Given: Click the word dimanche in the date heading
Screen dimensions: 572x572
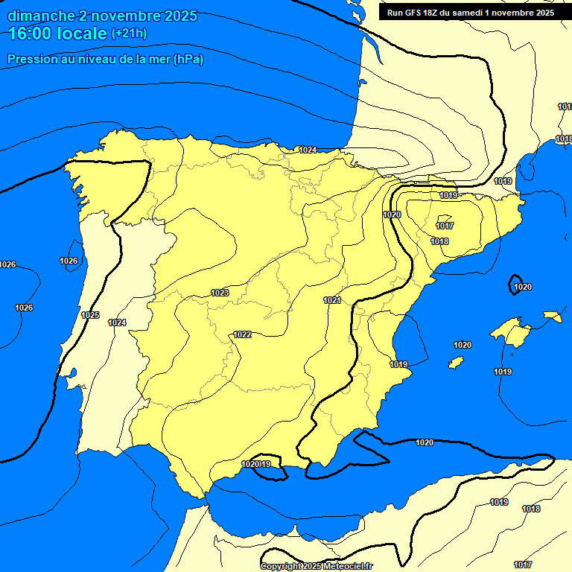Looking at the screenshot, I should pos(41,16).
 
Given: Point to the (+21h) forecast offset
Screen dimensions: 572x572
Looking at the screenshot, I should pos(130,34).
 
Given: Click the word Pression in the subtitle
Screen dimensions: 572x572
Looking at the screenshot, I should pos(29,60).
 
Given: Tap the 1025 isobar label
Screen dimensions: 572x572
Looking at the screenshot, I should pos(90,315).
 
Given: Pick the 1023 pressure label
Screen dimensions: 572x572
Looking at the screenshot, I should pos(220,293).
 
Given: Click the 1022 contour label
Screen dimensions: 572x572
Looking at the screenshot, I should pos(242,334).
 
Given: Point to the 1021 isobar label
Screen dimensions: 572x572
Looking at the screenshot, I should pos(332,300).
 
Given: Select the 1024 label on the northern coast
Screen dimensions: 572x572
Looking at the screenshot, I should pos(308,150).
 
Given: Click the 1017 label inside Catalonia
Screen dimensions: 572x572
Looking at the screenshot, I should pos(445,226).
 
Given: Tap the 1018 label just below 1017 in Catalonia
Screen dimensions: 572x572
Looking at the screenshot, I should pos(439,241).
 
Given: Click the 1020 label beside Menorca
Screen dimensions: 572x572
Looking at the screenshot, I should pos(523,287).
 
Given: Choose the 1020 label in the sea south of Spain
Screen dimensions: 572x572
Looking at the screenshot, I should pos(425,442).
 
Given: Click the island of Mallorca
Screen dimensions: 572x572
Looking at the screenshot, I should pos(509,331).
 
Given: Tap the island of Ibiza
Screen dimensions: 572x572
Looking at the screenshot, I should pos(456,362).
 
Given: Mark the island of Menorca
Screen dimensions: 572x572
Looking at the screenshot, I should pos(552,316).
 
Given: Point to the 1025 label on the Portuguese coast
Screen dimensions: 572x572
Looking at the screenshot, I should pos(90,315).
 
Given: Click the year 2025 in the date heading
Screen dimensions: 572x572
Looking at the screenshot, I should pos(182,16).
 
